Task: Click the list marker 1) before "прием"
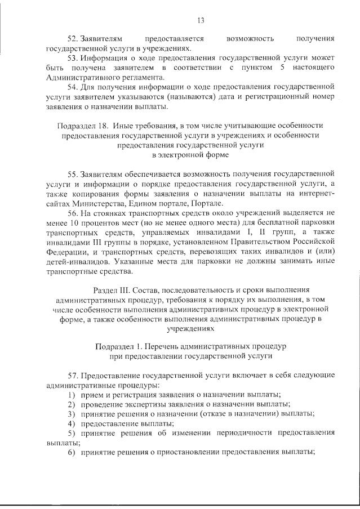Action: [x=72, y=394]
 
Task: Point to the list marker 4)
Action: [x=72, y=423]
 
